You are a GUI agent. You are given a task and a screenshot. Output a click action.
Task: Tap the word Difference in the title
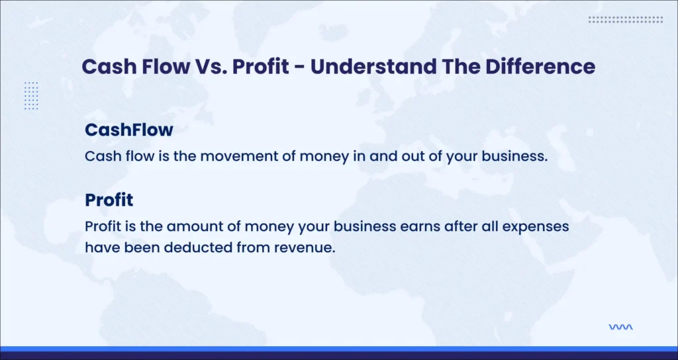(540, 67)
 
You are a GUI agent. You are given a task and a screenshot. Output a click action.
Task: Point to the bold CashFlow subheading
(129, 130)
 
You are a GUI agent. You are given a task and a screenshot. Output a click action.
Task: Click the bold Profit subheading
(109, 200)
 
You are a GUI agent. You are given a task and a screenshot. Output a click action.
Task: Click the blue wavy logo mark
(620, 327)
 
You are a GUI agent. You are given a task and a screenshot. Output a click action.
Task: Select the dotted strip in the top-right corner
(626, 19)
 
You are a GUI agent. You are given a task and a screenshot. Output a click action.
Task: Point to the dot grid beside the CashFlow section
(32, 95)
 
